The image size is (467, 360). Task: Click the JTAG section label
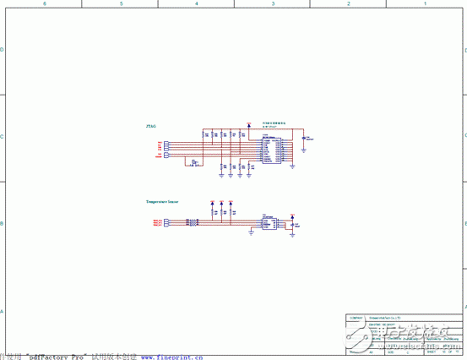(150, 126)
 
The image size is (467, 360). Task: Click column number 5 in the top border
(121, 4)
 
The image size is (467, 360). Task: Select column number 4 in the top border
(197, 4)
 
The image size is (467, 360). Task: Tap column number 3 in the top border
(273, 4)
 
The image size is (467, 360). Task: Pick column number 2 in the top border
(349, 4)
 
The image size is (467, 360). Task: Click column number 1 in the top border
(425, 4)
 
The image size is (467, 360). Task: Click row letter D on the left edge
(3, 49)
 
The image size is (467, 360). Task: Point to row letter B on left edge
(3, 225)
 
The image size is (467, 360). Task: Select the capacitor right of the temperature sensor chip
(292, 223)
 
